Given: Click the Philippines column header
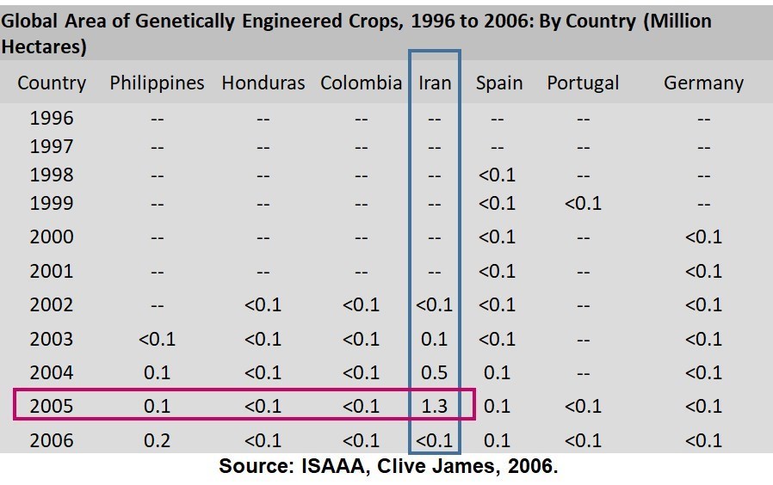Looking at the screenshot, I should [x=157, y=83].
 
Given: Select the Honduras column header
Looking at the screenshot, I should [x=263, y=83].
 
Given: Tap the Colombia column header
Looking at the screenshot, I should [x=361, y=83].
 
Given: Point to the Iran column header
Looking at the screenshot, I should [x=435, y=83].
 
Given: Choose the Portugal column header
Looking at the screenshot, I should [x=583, y=83].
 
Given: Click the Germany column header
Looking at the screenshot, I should [x=703, y=83].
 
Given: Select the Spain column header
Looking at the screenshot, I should [x=499, y=83].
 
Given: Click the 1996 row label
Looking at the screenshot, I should [x=52, y=119].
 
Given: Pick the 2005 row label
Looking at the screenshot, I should [x=52, y=406].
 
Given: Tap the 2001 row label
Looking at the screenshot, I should [x=52, y=271].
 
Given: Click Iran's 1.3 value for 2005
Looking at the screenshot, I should [x=435, y=406].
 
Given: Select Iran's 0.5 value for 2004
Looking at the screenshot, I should [x=435, y=372].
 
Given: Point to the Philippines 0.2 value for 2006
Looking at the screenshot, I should [x=157, y=440].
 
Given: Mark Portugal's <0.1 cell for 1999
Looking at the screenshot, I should [x=583, y=204].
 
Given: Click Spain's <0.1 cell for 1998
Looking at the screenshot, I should [x=497, y=175].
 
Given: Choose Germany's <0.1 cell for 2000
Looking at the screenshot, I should [x=703, y=237].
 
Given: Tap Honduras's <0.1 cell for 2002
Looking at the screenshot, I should [x=263, y=305].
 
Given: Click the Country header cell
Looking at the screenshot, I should [x=52, y=83].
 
